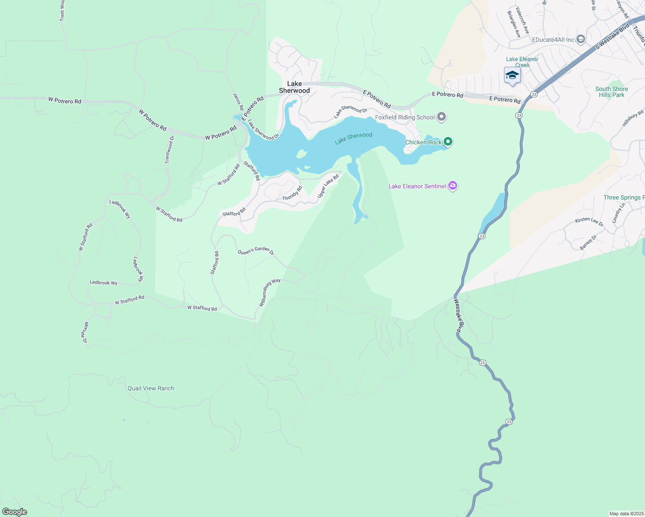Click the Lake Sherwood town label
[x=294, y=87]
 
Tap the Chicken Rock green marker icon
[x=448, y=141]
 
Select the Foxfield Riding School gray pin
[x=441, y=117]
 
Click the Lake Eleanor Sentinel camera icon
[x=453, y=186]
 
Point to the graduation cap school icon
[x=512, y=75]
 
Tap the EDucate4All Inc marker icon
[x=581, y=40]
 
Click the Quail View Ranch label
[x=151, y=388]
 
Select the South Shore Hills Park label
[x=611, y=92]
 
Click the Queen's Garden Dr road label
[x=256, y=250]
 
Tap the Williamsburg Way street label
[x=269, y=293]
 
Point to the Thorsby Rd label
[x=292, y=193]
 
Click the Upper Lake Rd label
[x=328, y=186]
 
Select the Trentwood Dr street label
[x=169, y=149]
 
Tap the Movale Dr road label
[x=86, y=333]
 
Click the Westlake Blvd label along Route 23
[x=460, y=316]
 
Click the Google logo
[x=14, y=512]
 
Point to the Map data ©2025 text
[x=626, y=514]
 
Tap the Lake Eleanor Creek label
[x=522, y=62]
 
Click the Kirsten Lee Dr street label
[x=589, y=222]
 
